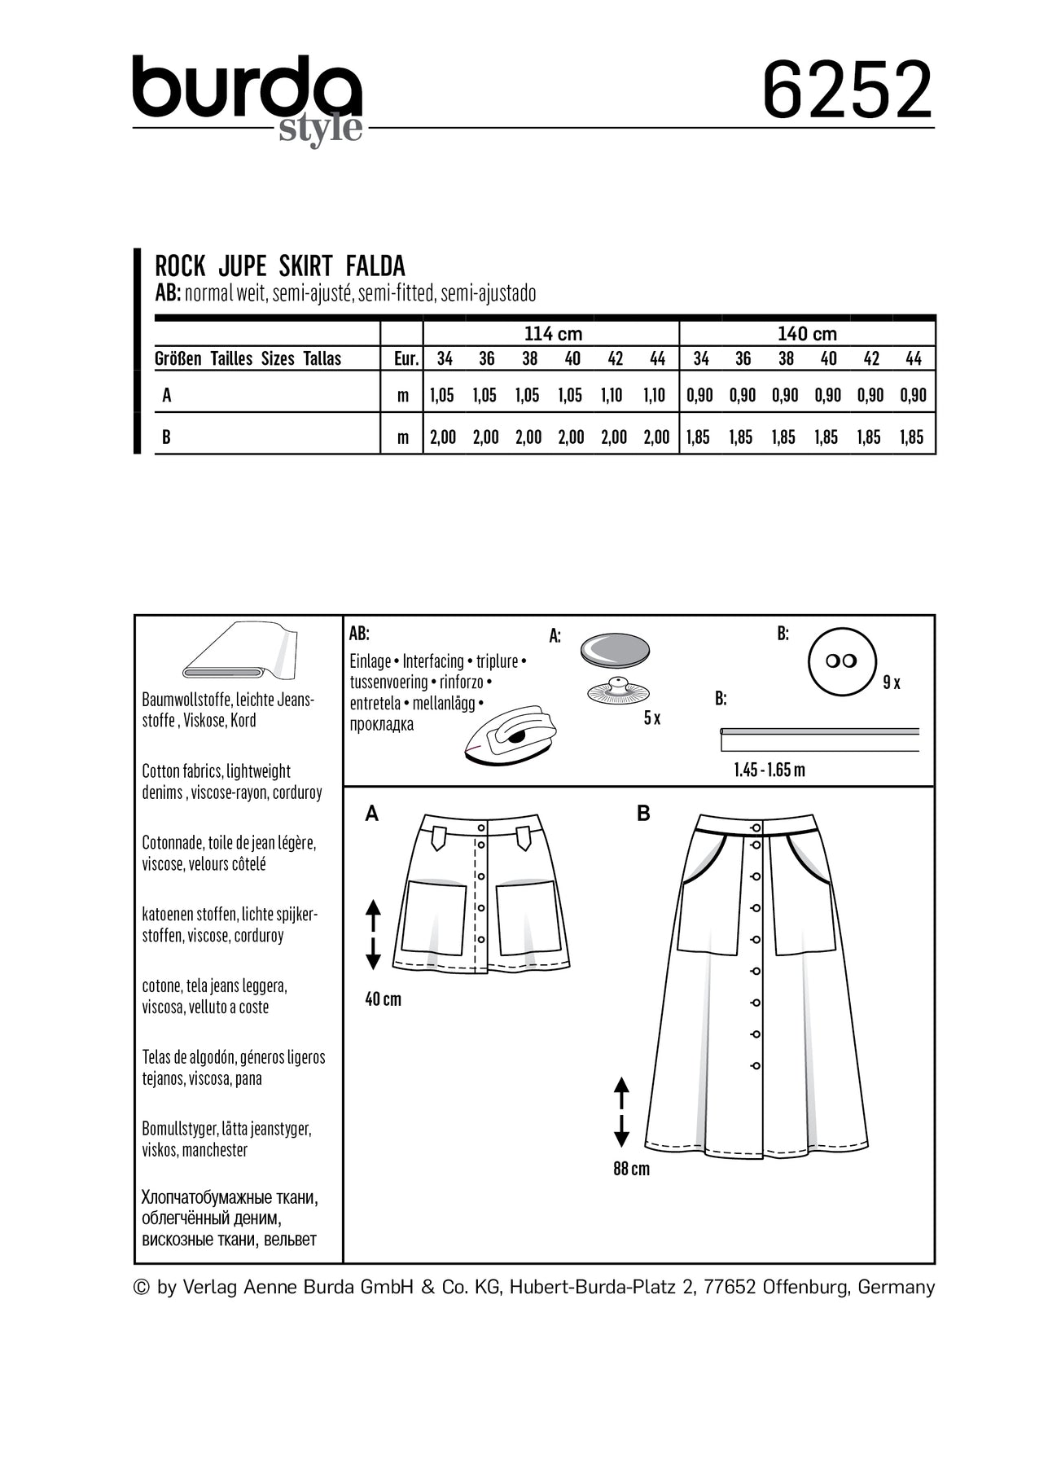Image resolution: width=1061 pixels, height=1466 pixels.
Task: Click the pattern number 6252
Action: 847,90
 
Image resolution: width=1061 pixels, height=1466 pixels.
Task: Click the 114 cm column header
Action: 552,334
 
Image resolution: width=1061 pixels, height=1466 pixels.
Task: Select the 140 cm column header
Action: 806,334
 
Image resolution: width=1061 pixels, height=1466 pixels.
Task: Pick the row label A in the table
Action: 167,395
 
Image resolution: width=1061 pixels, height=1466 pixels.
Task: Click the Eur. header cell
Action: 402,358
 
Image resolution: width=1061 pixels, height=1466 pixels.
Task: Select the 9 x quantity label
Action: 892,683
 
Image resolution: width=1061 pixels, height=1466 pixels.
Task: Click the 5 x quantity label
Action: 651,718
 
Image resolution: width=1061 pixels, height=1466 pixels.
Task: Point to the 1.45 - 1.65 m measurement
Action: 769,770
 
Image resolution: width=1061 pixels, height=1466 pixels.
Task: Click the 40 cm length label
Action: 383,999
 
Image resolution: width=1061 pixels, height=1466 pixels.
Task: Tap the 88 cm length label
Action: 631,1169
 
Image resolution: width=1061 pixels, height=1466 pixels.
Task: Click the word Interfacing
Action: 433,661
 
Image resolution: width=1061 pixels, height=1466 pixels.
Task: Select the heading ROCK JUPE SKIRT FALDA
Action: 279,266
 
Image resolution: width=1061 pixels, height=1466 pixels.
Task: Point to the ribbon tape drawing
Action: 819,737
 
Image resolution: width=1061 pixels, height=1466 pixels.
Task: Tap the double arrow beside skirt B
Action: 621,1111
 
